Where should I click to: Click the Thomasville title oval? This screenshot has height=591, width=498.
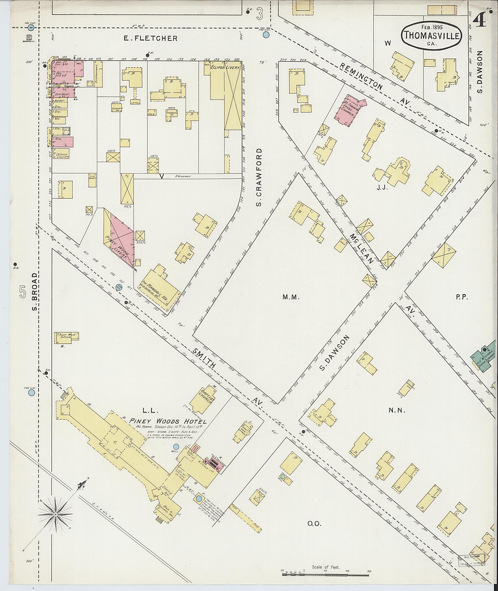[x=432, y=36]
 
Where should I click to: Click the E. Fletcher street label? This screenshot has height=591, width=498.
[x=151, y=38]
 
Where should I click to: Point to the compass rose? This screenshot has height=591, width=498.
[x=55, y=515]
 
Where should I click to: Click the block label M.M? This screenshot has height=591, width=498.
[x=291, y=297]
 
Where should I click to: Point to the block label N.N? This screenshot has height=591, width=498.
[x=397, y=411]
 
